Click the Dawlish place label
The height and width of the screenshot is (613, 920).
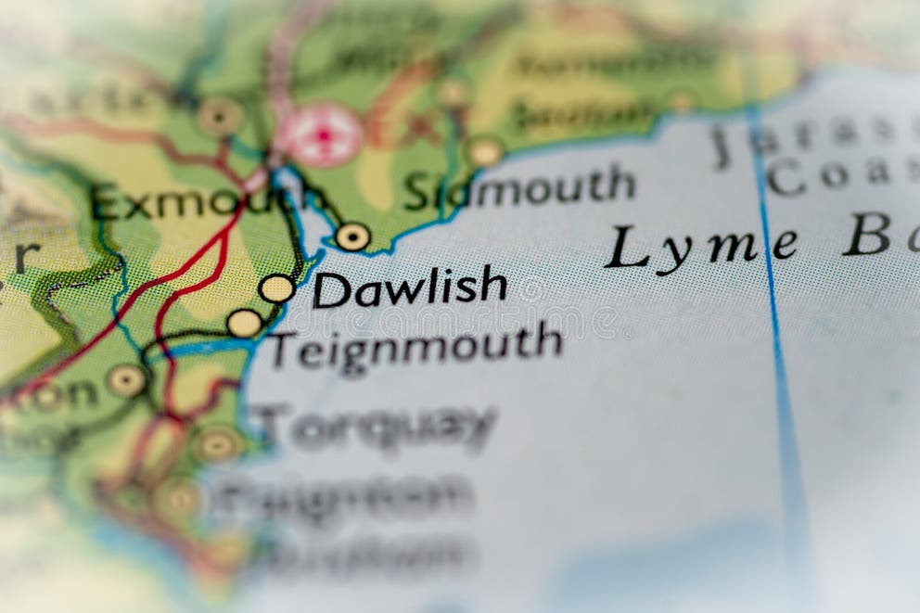[x=409, y=287]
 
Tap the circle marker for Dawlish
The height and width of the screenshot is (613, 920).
[x=276, y=288]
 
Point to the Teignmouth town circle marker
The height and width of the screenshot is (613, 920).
[x=245, y=323]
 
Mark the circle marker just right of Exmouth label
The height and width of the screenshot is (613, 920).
[x=352, y=237]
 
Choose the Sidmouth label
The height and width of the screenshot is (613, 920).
[x=519, y=188]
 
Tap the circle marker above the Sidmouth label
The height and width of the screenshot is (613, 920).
[x=484, y=151]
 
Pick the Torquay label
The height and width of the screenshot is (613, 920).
[x=377, y=427]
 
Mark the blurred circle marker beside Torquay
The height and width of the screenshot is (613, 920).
[x=218, y=444]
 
